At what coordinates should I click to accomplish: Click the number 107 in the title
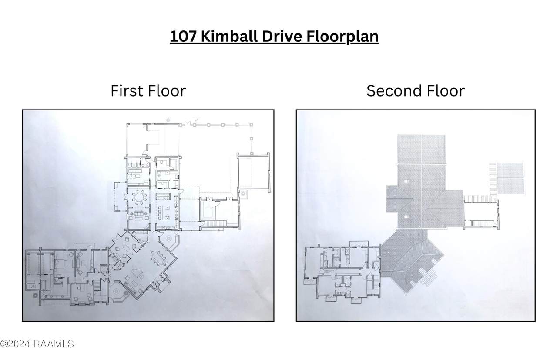pyautogui.click(x=184, y=36)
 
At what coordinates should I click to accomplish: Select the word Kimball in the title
pyautogui.click(x=229, y=36)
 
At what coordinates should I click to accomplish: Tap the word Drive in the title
pyautogui.click(x=282, y=36)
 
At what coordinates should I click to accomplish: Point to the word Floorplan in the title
pyautogui.click(x=342, y=37)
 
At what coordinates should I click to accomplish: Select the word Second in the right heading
pyautogui.click(x=394, y=91)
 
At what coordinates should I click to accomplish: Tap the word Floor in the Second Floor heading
pyautogui.click(x=445, y=91)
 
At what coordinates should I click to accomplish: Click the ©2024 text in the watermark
pyautogui.click(x=15, y=344)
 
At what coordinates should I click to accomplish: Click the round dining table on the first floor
pyautogui.click(x=139, y=197)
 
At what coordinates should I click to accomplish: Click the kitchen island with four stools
pyautogui.click(x=164, y=213)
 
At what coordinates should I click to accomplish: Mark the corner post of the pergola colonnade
pyautogui.click(x=252, y=124)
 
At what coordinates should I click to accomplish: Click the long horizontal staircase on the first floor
pyautogui.click(x=214, y=224)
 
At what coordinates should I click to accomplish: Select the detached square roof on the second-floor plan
pyautogui.click(x=510, y=179)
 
